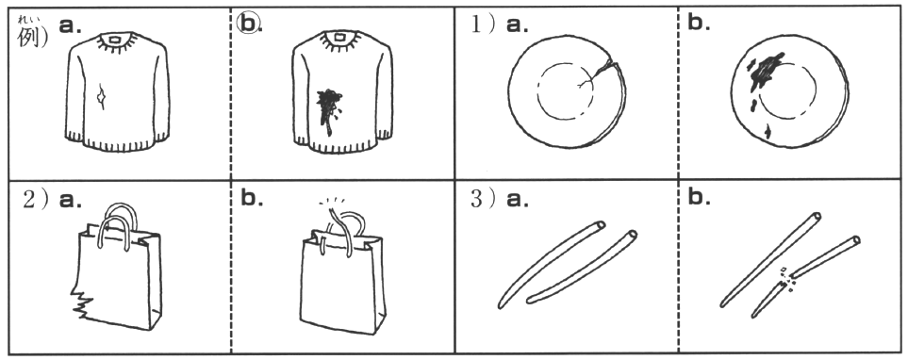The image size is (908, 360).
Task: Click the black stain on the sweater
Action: click(x=329, y=109)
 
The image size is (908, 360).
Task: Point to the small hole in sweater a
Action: click(x=102, y=97)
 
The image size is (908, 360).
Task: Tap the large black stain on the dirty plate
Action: click(x=766, y=71)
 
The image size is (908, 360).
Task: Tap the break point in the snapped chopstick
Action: click(x=785, y=279)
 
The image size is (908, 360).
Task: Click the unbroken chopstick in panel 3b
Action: click(x=771, y=259)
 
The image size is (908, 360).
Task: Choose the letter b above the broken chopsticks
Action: click(x=698, y=197)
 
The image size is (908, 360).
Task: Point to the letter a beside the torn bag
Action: click(x=70, y=199)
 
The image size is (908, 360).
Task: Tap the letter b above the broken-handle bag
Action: click(x=252, y=197)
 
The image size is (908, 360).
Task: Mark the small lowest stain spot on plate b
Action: click(x=768, y=132)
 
